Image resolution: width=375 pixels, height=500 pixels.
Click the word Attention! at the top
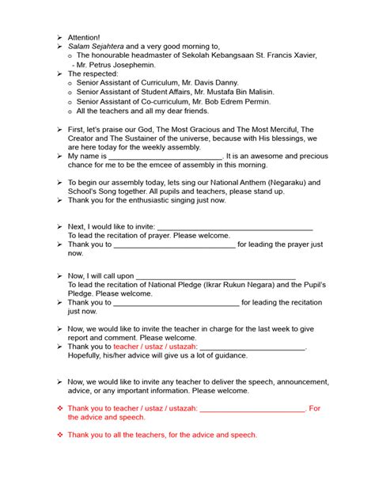click(84, 37)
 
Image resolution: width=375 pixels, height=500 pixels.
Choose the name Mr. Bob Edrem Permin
click(237, 102)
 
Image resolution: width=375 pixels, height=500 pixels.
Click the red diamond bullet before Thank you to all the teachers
click(59, 434)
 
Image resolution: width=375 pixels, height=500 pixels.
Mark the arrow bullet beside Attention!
click(59, 37)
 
